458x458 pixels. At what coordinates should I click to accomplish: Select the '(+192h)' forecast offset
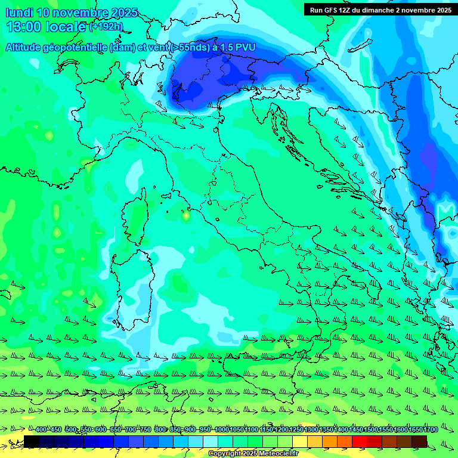point(106,27)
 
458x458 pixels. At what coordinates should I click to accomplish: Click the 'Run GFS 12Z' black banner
point(380,10)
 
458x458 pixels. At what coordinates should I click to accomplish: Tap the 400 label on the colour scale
point(41,430)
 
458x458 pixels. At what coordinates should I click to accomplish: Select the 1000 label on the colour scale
point(222,430)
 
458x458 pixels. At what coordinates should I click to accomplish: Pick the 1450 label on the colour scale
point(356,430)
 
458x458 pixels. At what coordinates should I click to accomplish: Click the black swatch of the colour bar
point(32,441)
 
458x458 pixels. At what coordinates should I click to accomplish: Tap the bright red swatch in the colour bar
point(360,441)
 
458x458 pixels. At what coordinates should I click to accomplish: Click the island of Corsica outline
point(135,218)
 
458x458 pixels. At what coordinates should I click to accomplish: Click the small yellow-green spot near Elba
point(186,214)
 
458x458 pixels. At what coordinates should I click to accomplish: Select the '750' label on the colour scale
point(145,430)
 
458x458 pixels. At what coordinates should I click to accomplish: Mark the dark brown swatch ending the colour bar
point(419,441)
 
